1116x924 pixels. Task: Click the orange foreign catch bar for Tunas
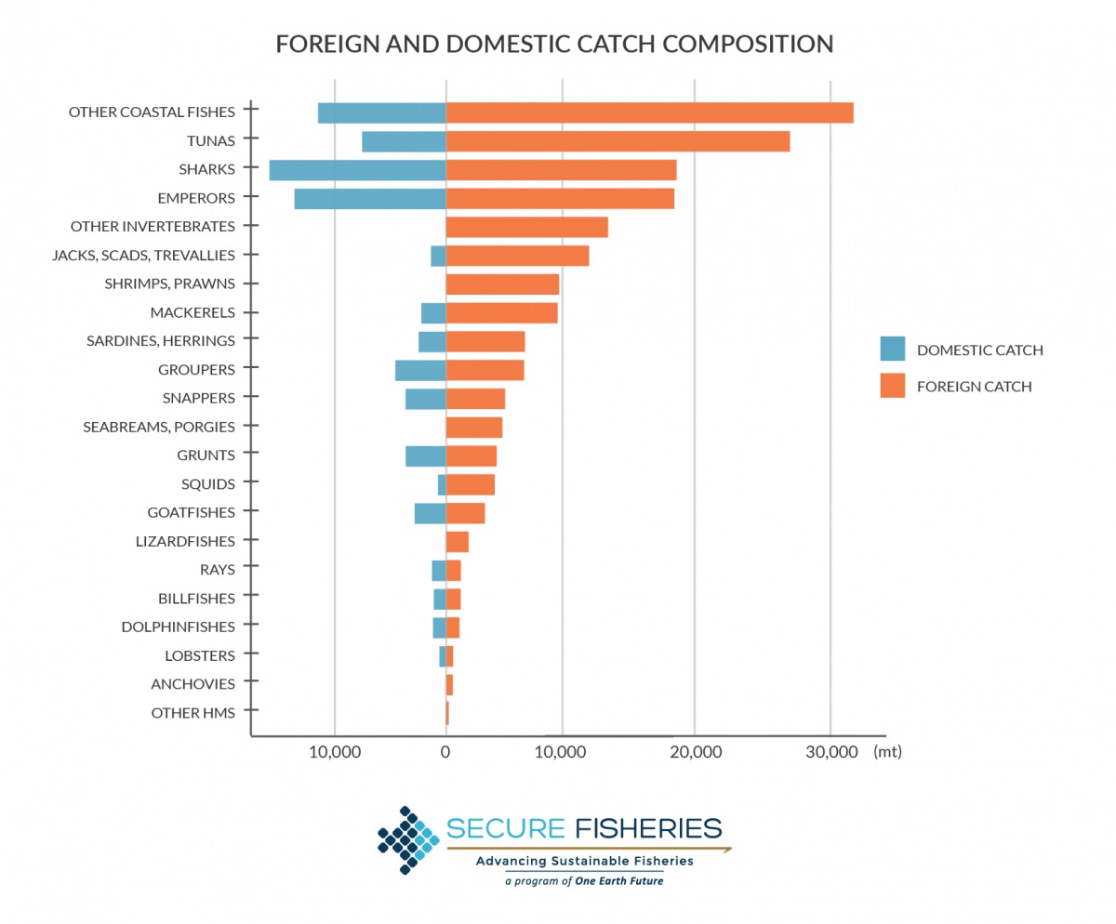[618, 141]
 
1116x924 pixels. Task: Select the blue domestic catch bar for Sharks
[357, 170]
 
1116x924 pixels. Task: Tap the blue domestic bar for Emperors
[370, 199]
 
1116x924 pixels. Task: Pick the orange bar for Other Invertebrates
[526, 227]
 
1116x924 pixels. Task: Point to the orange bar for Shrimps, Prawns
[502, 284]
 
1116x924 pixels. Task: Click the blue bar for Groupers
[420, 370]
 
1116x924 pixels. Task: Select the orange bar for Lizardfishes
[457, 542]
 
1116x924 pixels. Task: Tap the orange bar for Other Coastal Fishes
[649, 112]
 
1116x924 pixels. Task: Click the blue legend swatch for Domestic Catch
[892, 350]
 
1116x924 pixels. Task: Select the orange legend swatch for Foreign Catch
[892, 386]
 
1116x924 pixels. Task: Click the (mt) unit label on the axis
[887, 751]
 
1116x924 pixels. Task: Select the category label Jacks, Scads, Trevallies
[143, 255]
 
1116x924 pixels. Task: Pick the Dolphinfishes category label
[178, 627]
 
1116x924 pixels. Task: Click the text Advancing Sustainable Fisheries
[584, 861]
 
